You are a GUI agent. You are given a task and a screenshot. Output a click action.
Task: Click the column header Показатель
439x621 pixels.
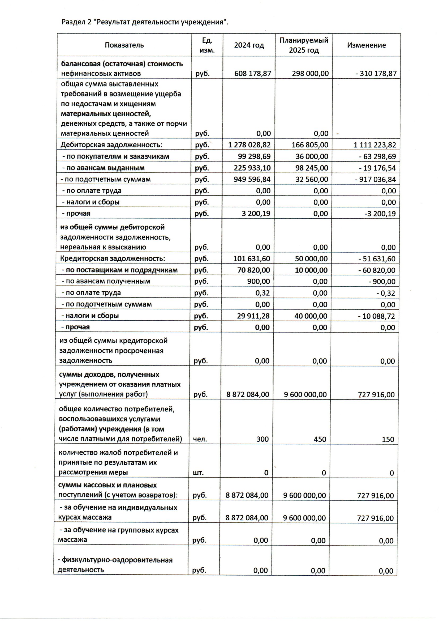(x=124, y=45)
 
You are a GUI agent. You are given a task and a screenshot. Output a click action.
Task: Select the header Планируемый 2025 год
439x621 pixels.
(x=304, y=45)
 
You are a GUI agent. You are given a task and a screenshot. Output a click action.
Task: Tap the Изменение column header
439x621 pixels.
(x=366, y=45)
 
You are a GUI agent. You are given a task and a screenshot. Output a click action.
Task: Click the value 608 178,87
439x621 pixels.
(x=252, y=74)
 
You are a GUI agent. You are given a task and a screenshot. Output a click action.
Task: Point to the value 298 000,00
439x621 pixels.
(x=310, y=74)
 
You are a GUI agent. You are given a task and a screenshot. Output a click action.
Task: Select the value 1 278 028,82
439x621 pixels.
(x=249, y=145)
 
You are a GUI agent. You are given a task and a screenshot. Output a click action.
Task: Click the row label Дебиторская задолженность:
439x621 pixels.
(x=111, y=145)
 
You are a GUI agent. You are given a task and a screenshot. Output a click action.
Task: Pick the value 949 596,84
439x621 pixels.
(x=252, y=179)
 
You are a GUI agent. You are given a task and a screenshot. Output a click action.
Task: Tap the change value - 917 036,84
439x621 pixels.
(x=377, y=179)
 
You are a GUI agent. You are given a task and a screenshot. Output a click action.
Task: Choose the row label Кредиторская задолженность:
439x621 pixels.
(x=112, y=258)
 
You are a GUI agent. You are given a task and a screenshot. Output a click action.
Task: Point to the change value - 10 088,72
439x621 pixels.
(x=376, y=316)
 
